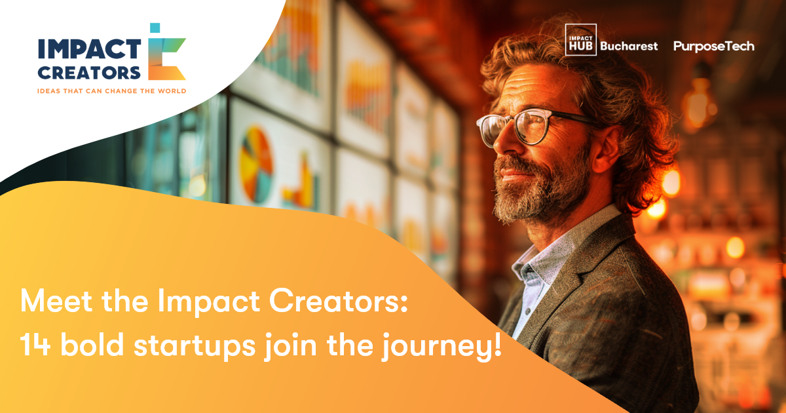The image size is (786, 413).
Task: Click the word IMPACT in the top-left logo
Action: click(x=90, y=49)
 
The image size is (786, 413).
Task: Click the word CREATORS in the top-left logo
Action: click(x=89, y=73)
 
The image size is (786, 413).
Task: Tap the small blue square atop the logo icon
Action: click(x=155, y=28)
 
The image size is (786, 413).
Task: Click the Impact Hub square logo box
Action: click(x=581, y=40)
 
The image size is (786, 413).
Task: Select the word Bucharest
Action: click(x=629, y=46)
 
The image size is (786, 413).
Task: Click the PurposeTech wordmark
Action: click(x=714, y=47)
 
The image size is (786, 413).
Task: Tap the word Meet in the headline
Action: click(x=56, y=301)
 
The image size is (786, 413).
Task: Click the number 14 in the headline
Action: click(x=35, y=345)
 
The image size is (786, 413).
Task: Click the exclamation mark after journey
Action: click(x=498, y=344)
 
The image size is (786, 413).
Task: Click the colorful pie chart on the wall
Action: click(x=257, y=165)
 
